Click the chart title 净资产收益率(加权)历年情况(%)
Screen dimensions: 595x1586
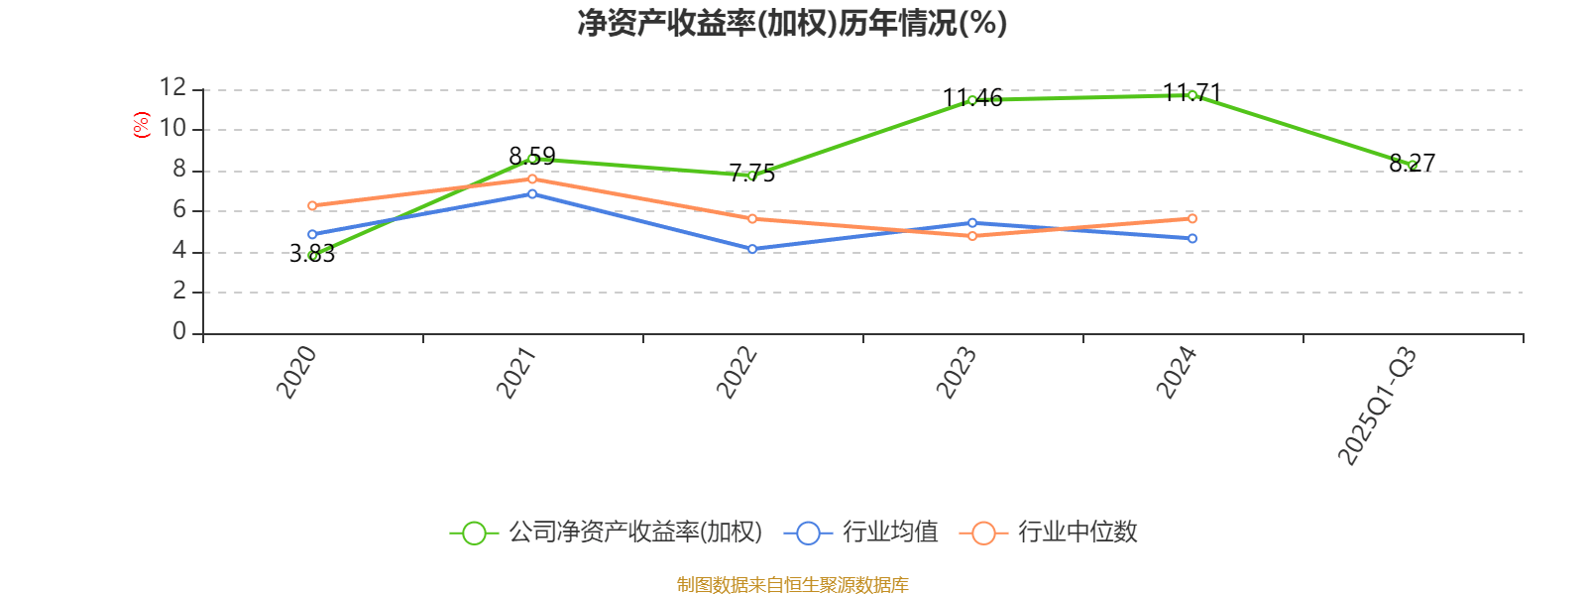(792, 23)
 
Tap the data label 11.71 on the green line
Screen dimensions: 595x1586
(1191, 93)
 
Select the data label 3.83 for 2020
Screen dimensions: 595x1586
(312, 255)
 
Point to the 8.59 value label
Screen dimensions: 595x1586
(532, 157)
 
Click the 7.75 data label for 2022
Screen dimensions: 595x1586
(752, 174)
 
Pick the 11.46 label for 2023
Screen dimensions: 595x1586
(972, 98)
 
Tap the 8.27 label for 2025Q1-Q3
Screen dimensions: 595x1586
(1413, 163)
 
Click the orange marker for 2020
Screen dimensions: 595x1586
(312, 206)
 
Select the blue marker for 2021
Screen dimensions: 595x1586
(532, 193)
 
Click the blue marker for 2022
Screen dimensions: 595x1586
(752, 249)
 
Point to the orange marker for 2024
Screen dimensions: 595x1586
(1192, 218)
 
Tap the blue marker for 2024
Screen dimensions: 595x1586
(1192, 239)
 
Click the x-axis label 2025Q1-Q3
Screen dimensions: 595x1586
(1378, 406)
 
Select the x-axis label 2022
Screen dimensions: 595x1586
(738, 372)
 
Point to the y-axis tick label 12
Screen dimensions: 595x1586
(173, 88)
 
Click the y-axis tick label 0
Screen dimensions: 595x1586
(179, 332)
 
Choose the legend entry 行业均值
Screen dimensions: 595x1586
(862, 533)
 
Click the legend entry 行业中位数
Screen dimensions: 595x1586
(1051, 533)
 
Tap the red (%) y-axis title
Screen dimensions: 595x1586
(142, 125)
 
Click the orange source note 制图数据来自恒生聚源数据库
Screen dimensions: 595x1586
(792, 585)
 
